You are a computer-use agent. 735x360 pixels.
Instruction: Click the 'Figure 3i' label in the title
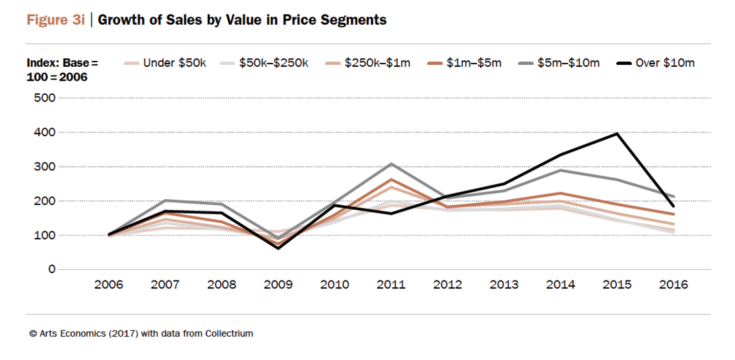pos(55,20)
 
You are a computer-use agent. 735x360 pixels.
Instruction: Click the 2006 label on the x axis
pos(108,285)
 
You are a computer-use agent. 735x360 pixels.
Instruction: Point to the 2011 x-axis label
pos(391,285)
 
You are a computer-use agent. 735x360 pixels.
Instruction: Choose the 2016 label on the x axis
pos(673,285)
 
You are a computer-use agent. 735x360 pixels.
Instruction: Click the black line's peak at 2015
pos(617,134)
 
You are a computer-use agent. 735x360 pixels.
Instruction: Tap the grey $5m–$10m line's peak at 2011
pos(391,164)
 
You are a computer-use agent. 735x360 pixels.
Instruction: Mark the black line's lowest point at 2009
pos(278,248)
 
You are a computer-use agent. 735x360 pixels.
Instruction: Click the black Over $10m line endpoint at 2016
pos(673,206)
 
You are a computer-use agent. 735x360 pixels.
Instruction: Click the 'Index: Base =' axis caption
pos(62,63)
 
